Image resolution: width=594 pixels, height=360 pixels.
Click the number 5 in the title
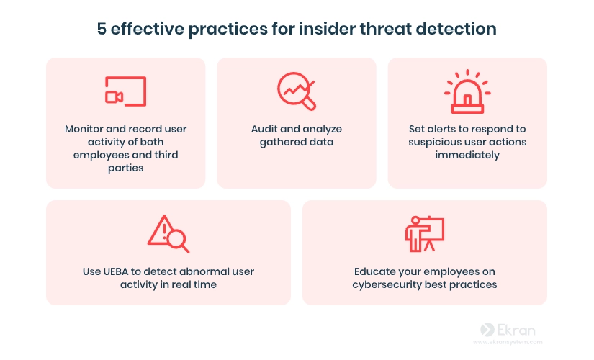(x=102, y=29)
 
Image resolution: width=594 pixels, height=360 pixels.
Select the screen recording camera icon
(x=126, y=91)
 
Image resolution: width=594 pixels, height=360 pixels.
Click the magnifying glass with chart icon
(x=296, y=91)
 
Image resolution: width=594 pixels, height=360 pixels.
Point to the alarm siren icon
(x=467, y=91)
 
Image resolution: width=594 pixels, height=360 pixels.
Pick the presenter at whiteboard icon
(x=425, y=234)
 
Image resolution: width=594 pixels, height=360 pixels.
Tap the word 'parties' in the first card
(x=126, y=168)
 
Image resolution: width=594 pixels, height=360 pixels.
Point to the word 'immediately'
(x=467, y=155)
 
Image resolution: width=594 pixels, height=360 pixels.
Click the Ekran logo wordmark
(x=508, y=330)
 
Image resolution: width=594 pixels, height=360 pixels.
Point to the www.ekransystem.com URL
(x=508, y=342)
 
